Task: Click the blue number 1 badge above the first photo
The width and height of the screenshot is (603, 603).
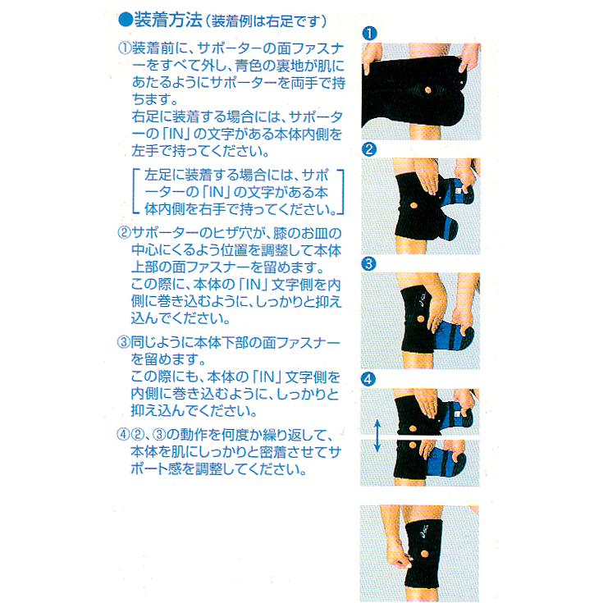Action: point(369,33)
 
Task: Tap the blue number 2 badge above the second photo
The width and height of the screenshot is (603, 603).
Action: point(369,149)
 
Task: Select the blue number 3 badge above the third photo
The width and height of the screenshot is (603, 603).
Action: point(369,263)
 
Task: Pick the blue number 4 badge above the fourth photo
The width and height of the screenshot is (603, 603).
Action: point(369,379)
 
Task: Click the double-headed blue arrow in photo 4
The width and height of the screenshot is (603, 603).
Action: point(376,435)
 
